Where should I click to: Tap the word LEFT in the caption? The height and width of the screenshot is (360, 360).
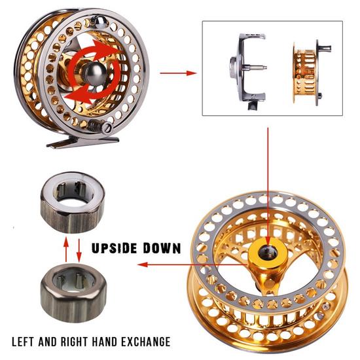tap(29, 342)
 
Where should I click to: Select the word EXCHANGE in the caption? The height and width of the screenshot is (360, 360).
tap(145, 342)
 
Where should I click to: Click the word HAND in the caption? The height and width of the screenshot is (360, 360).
tap(108, 342)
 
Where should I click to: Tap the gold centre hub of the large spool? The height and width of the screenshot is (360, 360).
tap(268, 253)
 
